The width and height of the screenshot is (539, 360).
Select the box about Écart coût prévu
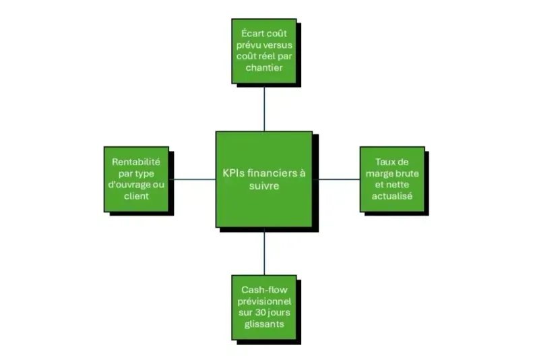pos(263,50)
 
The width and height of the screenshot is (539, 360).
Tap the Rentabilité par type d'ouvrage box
pos(136,179)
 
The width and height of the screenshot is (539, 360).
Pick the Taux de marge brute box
pos(392,179)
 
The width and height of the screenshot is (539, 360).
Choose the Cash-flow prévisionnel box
pos(263,306)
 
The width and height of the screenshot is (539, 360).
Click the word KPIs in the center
pos(234,173)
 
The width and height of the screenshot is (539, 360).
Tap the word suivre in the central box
pos(263,186)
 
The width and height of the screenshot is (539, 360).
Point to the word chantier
pos(263,68)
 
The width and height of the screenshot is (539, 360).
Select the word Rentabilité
pos(137,161)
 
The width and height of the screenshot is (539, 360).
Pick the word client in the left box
pos(137,196)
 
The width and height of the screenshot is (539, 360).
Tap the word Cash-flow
pos(263,289)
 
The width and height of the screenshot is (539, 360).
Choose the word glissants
pos(263,324)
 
